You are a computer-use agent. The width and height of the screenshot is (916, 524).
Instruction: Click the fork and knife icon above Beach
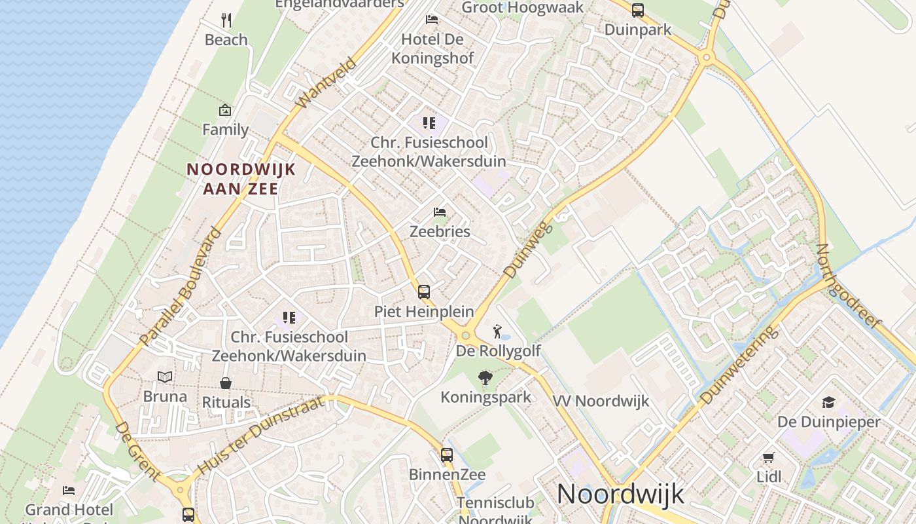[226, 20]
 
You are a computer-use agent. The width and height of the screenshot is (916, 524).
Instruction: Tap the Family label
[225, 130]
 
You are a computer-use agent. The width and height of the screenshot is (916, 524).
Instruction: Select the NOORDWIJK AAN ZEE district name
[241, 179]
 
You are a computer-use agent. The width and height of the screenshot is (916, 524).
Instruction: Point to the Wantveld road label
[326, 83]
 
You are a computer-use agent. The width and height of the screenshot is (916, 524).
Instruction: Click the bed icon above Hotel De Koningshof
[432, 19]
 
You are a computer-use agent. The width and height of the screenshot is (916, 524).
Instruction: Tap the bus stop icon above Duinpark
[637, 10]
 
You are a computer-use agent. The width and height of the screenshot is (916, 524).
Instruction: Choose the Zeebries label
[440, 231]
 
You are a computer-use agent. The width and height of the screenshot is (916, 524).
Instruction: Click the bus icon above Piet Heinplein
[424, 291]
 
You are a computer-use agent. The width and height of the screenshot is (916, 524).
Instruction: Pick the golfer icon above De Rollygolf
[498, 331]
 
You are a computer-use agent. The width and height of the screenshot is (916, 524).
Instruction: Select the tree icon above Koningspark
[485, 377]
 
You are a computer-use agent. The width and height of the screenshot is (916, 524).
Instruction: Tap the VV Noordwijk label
[601, 401]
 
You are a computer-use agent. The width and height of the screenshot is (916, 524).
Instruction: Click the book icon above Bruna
[165, 377]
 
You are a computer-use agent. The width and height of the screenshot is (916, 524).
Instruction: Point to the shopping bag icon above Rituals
[226, 383]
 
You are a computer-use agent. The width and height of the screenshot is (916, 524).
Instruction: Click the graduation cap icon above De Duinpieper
[829, 402]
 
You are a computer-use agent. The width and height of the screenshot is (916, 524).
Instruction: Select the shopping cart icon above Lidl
[769, 457]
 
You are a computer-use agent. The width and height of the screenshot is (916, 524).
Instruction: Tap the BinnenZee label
[448, 474]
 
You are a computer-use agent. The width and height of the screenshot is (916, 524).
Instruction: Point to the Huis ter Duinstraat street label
[260, 435]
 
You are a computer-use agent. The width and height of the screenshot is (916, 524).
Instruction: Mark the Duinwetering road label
[739, 365]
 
